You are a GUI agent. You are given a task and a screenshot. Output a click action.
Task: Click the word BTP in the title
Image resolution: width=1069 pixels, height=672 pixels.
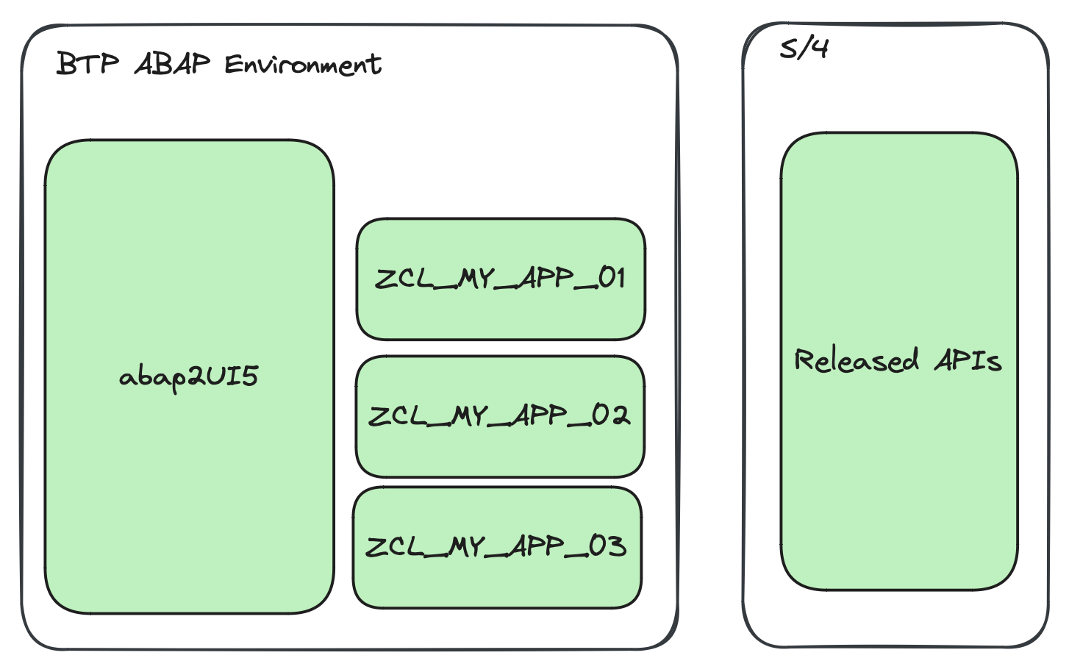(x=87, y=64)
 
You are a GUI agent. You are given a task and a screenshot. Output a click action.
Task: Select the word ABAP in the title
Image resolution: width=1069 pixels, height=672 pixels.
(x=172, y=64)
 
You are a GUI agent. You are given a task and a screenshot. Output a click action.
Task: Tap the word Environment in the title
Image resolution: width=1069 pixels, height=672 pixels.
(x=302, y=65)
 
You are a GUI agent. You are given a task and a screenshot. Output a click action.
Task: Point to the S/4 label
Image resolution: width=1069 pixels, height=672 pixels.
(x=804, y=49)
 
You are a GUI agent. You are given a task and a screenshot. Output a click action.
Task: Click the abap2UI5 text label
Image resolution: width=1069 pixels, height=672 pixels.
(x=188, y=376)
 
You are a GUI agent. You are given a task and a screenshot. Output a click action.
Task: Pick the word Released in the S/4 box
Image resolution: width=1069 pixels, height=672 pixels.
(x=857, y=360)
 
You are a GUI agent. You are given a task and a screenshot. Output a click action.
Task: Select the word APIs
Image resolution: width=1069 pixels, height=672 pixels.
(x=968, y=360)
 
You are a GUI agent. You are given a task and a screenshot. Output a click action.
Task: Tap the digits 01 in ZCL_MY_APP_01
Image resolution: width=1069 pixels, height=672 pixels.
(x=611, y=278)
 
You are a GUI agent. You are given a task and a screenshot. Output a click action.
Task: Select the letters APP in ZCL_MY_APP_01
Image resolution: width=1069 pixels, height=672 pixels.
(x=546, y=278)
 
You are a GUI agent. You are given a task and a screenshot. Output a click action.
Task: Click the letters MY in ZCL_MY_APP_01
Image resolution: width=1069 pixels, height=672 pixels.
(x=475, y=279)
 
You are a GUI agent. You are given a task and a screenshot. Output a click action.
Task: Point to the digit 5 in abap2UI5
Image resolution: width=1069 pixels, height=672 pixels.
(x=250, y=376)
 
